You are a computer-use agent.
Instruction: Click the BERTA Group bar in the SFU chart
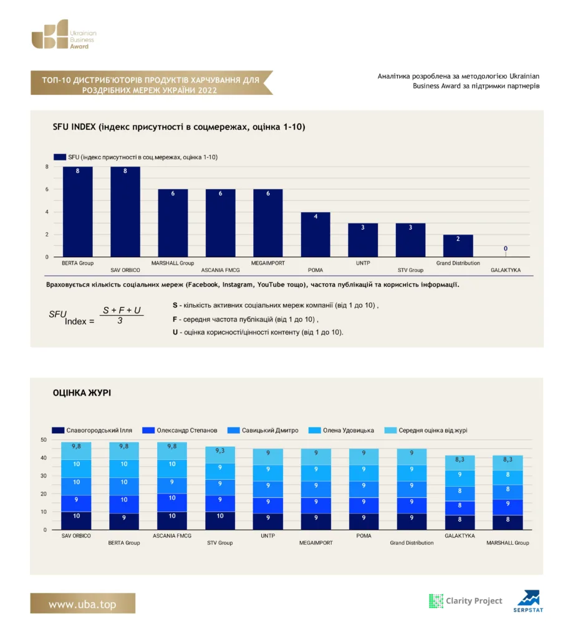[77, 212]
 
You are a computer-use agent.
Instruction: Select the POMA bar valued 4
[315, 235]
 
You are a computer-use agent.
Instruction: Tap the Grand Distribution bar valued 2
[458, 246]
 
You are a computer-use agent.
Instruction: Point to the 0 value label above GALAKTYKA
[506, 248]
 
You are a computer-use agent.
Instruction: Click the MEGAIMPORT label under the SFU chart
[267, 263]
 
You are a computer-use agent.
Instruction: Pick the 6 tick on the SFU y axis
[47, 189]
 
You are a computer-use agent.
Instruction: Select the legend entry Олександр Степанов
[180, 431]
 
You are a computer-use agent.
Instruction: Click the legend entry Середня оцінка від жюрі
[426, 431]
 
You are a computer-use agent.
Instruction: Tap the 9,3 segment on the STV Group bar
[220, 455]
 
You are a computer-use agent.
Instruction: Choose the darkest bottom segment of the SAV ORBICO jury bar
[76, 520]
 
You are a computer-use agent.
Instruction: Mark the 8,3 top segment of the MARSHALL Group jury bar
[508, 463]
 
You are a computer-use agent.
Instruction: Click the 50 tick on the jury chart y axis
[44, 440]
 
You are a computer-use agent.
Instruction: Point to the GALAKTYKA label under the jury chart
[460, 536]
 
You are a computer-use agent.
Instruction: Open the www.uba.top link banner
[83, 603]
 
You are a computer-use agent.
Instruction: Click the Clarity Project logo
[466, 601]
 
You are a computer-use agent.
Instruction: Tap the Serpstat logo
[528, 601]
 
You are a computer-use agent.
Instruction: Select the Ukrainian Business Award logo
[64, 34]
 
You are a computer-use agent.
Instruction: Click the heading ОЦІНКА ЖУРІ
[82, 393]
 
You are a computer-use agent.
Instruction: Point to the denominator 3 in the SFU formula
[120, 321]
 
